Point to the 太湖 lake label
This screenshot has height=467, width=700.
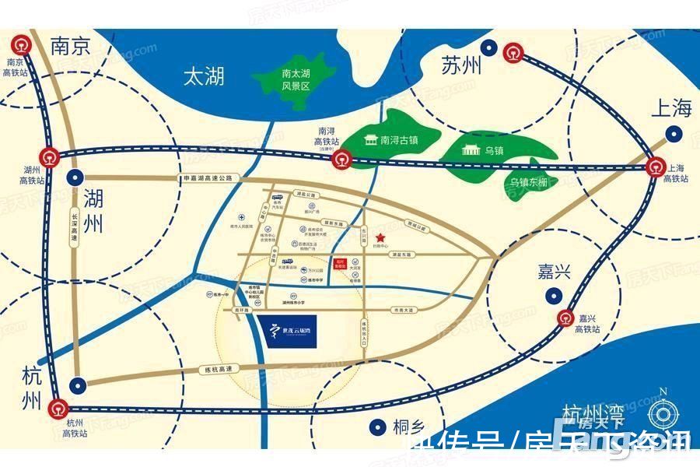pyautogui.click(x=205, y=76)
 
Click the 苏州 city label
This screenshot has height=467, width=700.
pyautogui.click(x=460, y=66)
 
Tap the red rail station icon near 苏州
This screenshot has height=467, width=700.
pyautogui.click(x=513, y=52)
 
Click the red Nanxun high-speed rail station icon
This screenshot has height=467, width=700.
pyautogui.click(x=341, y=160)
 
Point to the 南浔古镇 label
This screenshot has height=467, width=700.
pyautogui.click(x=399, y=141)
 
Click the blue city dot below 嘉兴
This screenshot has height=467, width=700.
pyautogui.click(x=555, y=296)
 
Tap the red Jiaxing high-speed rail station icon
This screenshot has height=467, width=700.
pyautogui.click(x=566, y=316)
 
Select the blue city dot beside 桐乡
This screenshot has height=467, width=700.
pyautogui.click(x=378, y=426)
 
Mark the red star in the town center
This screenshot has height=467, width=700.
pyautogui.click(x=380, y=237)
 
